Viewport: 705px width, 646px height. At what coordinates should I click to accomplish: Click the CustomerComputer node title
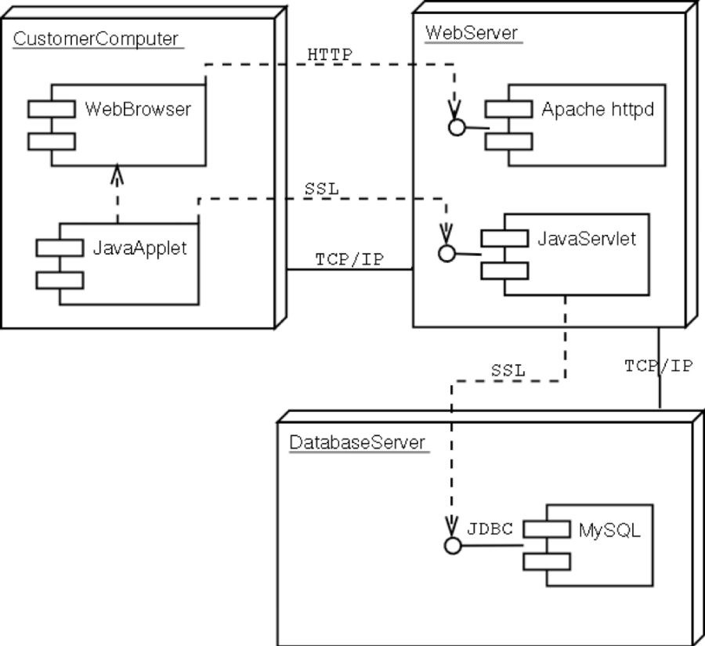pos(95,39)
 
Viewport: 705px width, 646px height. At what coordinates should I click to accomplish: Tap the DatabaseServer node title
pos(357,442)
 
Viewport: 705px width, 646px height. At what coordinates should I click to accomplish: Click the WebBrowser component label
pos(138,109)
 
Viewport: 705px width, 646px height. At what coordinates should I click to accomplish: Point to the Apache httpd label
pos(597,109)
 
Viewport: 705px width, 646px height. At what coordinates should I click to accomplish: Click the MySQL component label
pos(610,530)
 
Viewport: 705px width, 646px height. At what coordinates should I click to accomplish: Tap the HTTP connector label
pos(331,54)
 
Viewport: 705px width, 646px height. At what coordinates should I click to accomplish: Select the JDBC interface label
pos(490,529)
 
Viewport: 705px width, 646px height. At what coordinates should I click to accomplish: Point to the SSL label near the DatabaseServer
pos(508,370)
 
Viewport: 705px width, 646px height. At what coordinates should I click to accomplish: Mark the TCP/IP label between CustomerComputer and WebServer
pos(349,259)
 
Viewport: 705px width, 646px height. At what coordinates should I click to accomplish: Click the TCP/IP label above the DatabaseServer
pos(658,366)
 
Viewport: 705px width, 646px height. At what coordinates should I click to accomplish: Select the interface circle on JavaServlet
pos(447,253)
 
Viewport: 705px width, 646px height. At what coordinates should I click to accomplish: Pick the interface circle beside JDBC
pos(452,545)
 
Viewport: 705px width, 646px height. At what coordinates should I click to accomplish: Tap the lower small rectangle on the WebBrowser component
pos(51,141)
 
